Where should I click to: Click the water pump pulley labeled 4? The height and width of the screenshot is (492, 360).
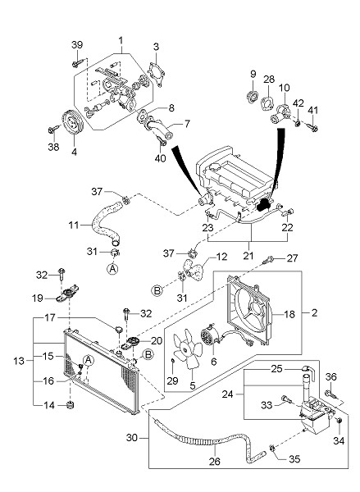coord(72,122)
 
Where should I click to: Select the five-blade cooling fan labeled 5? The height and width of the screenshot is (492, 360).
coord(188,349)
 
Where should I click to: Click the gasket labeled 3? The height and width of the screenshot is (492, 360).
coord(156,74)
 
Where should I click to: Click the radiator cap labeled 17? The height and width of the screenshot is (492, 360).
coord(119,329)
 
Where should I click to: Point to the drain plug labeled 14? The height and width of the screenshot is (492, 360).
coord(71,405)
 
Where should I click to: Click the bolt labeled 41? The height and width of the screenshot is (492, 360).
coord(312,127)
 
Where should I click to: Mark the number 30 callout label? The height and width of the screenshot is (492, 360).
coord(132,437)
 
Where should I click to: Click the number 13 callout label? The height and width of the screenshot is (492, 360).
coord(19,361)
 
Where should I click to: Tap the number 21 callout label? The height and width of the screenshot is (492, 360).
coord(248,255)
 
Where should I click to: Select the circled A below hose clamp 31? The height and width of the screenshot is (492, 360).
coord(113,269)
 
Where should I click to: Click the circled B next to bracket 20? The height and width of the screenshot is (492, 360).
coord(148,354)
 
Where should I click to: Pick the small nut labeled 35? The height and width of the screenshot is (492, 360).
coord(272,454)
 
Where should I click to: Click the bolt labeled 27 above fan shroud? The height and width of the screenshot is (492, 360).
coord(269,259)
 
